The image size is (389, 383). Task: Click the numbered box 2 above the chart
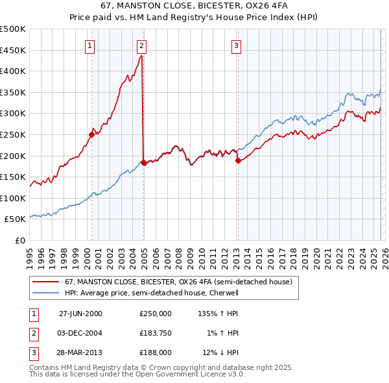click(141, 45)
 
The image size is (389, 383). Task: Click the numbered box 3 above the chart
click(237, 45)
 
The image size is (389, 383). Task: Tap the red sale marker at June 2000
click(91, 135)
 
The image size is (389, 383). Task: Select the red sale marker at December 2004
click(143, 163)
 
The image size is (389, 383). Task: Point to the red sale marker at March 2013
click(238, 161)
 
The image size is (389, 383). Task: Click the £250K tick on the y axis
click(13, 134)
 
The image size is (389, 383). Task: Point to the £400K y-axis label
click(13, 71)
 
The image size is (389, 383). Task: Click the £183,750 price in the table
click(155, 332)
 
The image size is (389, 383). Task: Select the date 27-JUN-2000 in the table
click(80, 313)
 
